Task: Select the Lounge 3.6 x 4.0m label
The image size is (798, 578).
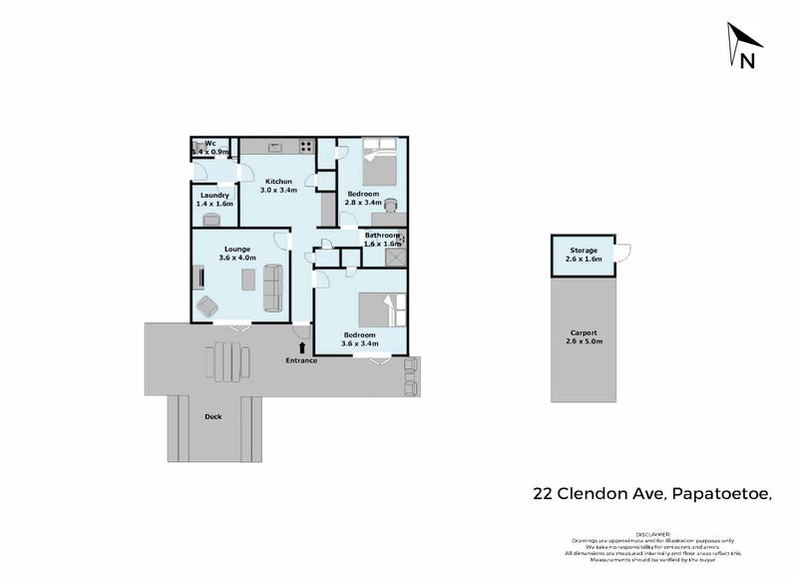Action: (236, 253)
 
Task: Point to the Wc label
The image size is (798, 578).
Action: (210, 145)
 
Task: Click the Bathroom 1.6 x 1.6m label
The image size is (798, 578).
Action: (382, 239)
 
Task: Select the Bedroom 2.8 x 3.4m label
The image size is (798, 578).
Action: (362, 197)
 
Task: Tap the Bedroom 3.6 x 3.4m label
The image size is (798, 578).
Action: (359, 338)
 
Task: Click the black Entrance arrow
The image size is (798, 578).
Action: (302, 345)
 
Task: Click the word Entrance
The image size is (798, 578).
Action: (301, 359)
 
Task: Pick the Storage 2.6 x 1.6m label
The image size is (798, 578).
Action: (584, 254)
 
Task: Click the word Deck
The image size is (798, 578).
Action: (212, 416)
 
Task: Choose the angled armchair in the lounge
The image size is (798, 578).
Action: (208, 305)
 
